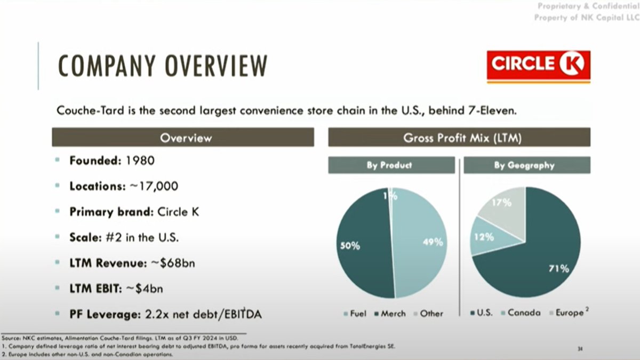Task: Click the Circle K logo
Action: click(x=538, y=66)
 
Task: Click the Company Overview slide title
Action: click(x=163, y=66)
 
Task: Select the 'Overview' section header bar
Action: click(x=182, y=138)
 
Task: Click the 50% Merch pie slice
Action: click(x=363, y=245)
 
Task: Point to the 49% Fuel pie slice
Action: click(x=421, y=243)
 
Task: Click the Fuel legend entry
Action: click(x=354, y=314)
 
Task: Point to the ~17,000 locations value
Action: click(x=154, y=186)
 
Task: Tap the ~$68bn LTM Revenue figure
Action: click(x=173, y=263)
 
